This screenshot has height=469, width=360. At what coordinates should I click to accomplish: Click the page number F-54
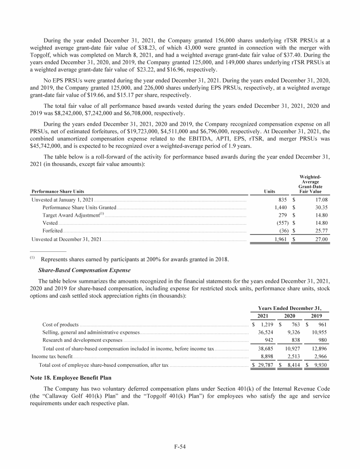coord(180,447)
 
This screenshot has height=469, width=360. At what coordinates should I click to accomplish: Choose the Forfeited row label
coord(52,231)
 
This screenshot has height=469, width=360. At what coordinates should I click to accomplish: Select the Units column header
coord(270,191)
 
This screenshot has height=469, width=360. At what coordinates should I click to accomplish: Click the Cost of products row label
coord(60,324)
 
